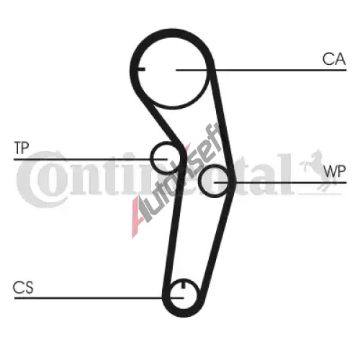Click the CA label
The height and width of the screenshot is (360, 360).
pos(334,59)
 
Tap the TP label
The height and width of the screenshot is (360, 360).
pos(22,148)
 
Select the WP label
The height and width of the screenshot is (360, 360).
pos(334,171)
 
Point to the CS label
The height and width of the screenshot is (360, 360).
pos(23,287)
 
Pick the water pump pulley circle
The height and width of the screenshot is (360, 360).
pos(201,181)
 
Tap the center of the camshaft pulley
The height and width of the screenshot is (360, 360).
pos(172,70)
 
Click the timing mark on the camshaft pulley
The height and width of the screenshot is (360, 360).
pos(142,70)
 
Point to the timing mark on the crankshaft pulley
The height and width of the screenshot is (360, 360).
pos(183,284)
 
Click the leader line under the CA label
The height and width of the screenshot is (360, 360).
pos(261,70)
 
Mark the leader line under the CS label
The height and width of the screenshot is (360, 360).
pos(99,298)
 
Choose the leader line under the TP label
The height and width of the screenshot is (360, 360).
pos(90,159)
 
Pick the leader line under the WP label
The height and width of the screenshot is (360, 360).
pos(280,183)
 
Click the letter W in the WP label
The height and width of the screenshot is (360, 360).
pos(329,171)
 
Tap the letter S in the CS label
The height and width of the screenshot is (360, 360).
pos(28,287)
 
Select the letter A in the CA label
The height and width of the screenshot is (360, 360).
pos(340,59)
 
